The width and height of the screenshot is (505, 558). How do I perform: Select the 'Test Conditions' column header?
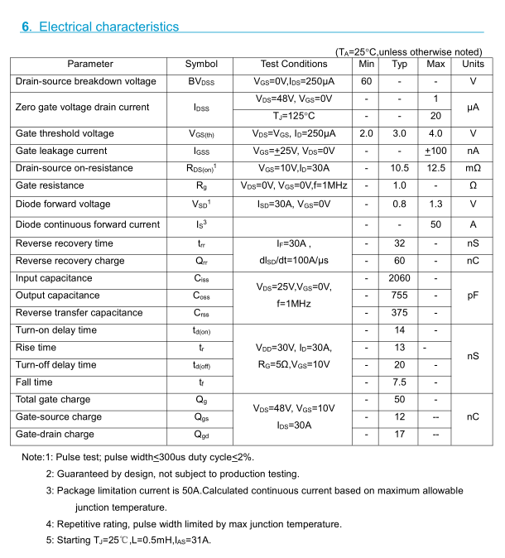pos(294,64)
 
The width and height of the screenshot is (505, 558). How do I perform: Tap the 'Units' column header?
pos(473,64)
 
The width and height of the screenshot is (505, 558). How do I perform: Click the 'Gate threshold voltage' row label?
pos(65,133)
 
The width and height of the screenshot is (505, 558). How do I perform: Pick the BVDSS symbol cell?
pos(201,81)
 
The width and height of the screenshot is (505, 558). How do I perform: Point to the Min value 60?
pos(366,81)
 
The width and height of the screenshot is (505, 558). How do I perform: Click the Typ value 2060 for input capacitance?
pos(399,278)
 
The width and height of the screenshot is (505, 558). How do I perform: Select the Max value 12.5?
pos(435,168)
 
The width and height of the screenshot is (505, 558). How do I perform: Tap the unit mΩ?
pos(473,168)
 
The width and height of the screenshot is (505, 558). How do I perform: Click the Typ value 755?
pos(399,296)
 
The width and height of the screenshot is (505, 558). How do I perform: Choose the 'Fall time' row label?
pos(34,382)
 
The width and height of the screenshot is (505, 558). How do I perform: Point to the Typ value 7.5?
pos(399,382)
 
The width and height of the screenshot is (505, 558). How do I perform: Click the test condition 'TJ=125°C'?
pos(294,116)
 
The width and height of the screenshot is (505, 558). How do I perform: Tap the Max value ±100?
pos(435,151)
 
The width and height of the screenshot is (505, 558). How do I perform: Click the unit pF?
pos(473,296)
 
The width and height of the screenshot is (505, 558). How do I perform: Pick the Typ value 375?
pos(399,313)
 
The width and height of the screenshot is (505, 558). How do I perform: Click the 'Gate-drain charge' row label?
pos(55,435)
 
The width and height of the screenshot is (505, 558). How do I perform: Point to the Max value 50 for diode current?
pos(435,224)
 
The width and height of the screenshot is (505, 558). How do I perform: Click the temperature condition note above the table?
pos(408,51)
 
